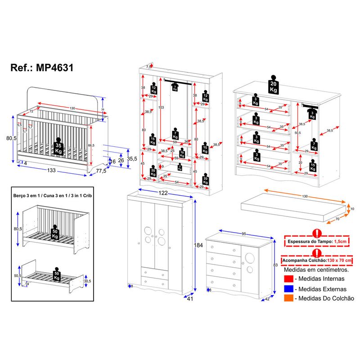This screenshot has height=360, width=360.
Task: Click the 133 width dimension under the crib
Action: (x=52, y=171)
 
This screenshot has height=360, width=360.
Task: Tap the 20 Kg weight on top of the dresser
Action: (x=273, y=85)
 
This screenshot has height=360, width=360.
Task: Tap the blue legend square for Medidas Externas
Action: (x=288, y=289)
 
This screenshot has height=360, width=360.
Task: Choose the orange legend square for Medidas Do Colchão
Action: (x=288, y=298)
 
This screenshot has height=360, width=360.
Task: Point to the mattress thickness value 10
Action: (x=352, y=209)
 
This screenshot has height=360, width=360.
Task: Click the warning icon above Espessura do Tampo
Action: (x=317, y=234)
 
